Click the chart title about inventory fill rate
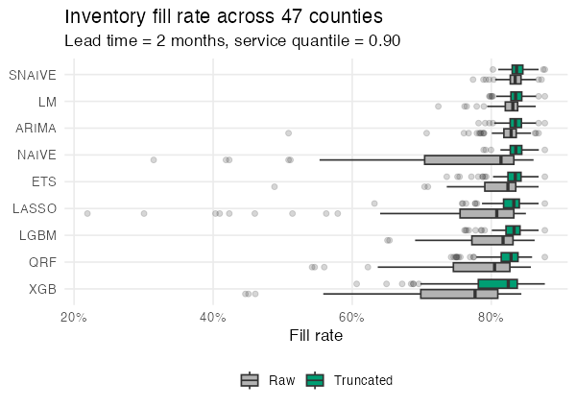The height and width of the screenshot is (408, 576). coord(224,17)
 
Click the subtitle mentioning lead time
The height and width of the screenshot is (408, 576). coord(231,41)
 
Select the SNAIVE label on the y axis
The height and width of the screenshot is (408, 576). coord(33,75)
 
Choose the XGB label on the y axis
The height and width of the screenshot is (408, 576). coord(42,288)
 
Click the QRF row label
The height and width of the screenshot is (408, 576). coord(42,261)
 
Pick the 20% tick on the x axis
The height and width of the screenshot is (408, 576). coord(74,318)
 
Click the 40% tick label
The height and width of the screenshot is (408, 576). coord(213,318)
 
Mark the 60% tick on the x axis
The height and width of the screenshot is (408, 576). coord(352,318)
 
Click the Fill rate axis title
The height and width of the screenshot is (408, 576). coord(316,336)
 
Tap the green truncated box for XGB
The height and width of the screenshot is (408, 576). coord(497,283)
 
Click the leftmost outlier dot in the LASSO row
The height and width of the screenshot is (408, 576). coord(87,213)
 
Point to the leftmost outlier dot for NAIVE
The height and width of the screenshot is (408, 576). coord(154,159)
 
